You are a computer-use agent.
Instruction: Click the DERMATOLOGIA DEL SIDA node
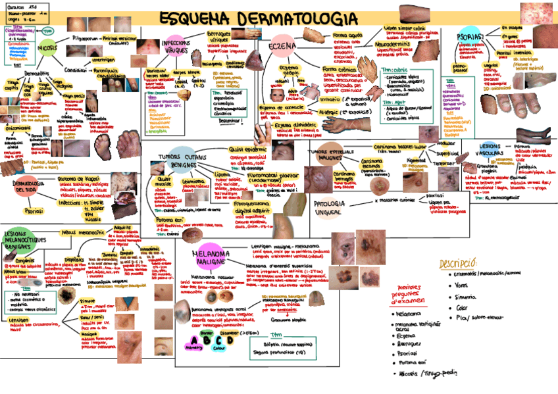[x=32, y=186]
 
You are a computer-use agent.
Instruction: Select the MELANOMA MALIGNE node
[x=209, y=257]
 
